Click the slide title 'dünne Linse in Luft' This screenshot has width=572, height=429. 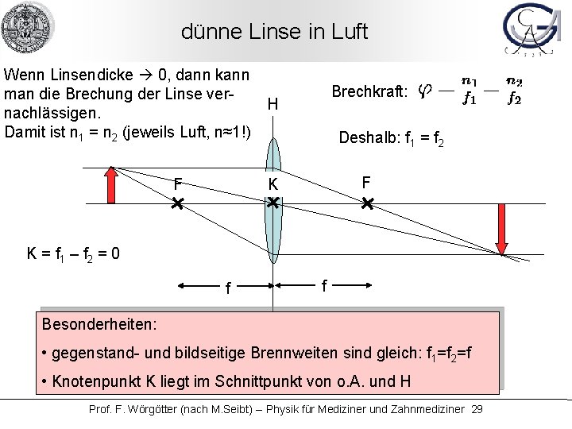point(275,33)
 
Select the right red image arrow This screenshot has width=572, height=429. point(501,228)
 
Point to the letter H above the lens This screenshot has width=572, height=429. point(272,104)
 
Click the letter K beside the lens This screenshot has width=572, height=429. point(272,184)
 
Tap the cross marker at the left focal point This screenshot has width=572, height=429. point(177,204)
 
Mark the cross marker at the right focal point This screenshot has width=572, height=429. point(367,204)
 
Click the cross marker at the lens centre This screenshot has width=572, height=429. point(272,204)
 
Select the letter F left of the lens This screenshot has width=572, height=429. point(179,184)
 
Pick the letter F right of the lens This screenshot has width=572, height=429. point(365,183)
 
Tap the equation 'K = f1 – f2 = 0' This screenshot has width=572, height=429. point(75,255)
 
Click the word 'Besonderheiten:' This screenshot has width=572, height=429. point(99,326)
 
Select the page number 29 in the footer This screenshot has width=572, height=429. point(477,408)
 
